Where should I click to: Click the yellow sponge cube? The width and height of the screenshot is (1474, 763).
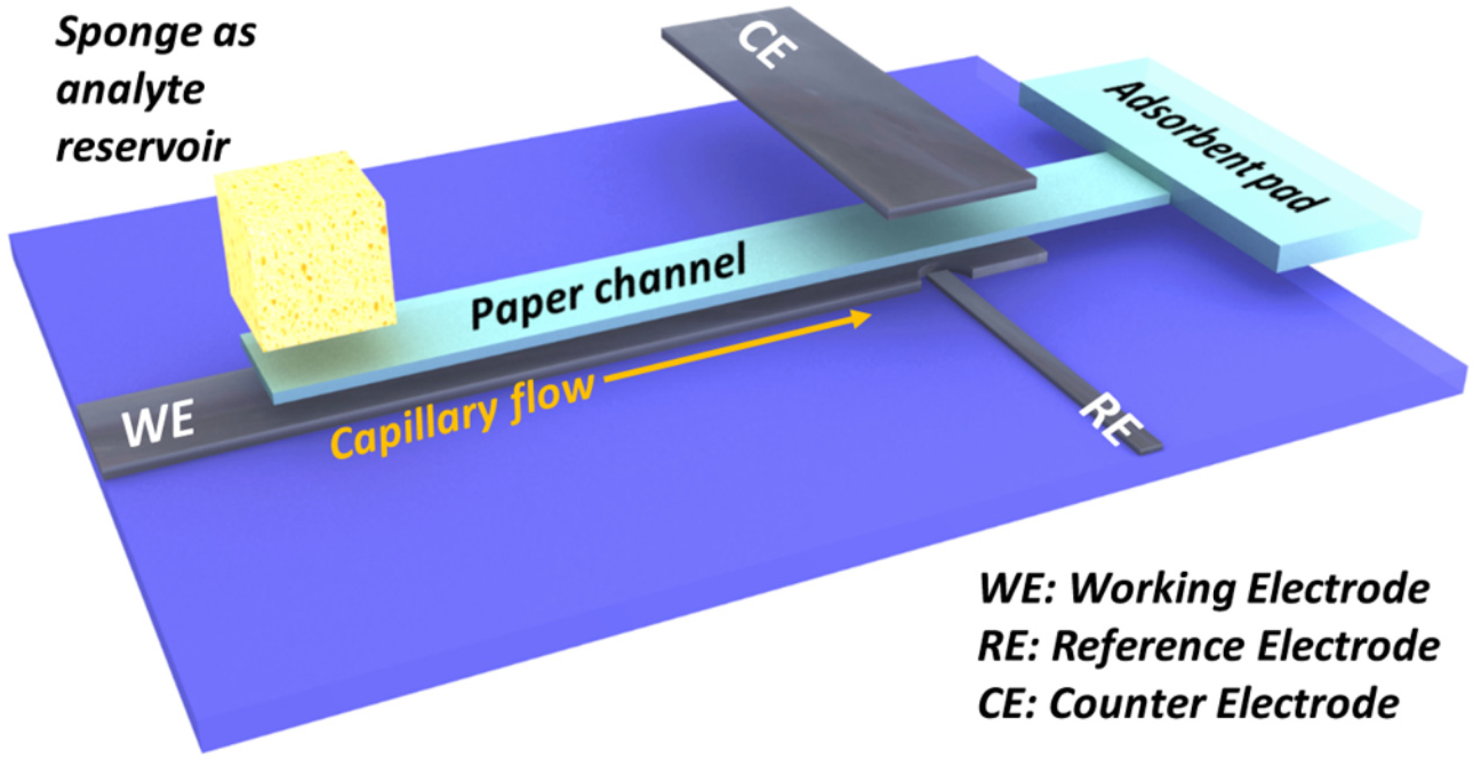pos(303,252)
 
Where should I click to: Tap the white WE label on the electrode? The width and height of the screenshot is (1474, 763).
pos(158,423)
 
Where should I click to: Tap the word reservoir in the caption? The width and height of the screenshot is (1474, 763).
pos(143,148)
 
